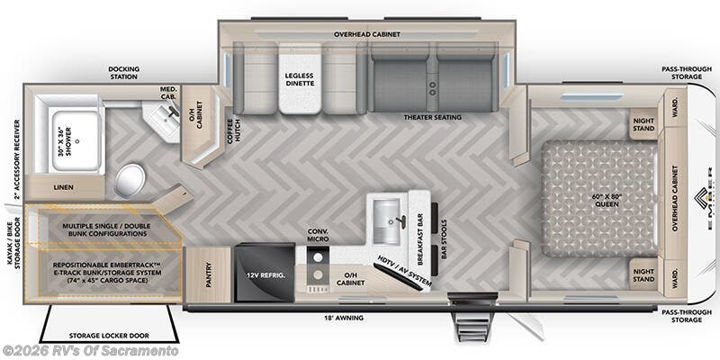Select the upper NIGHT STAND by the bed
[643, 124]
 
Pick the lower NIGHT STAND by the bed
[643, 274]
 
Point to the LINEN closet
[62, 186]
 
